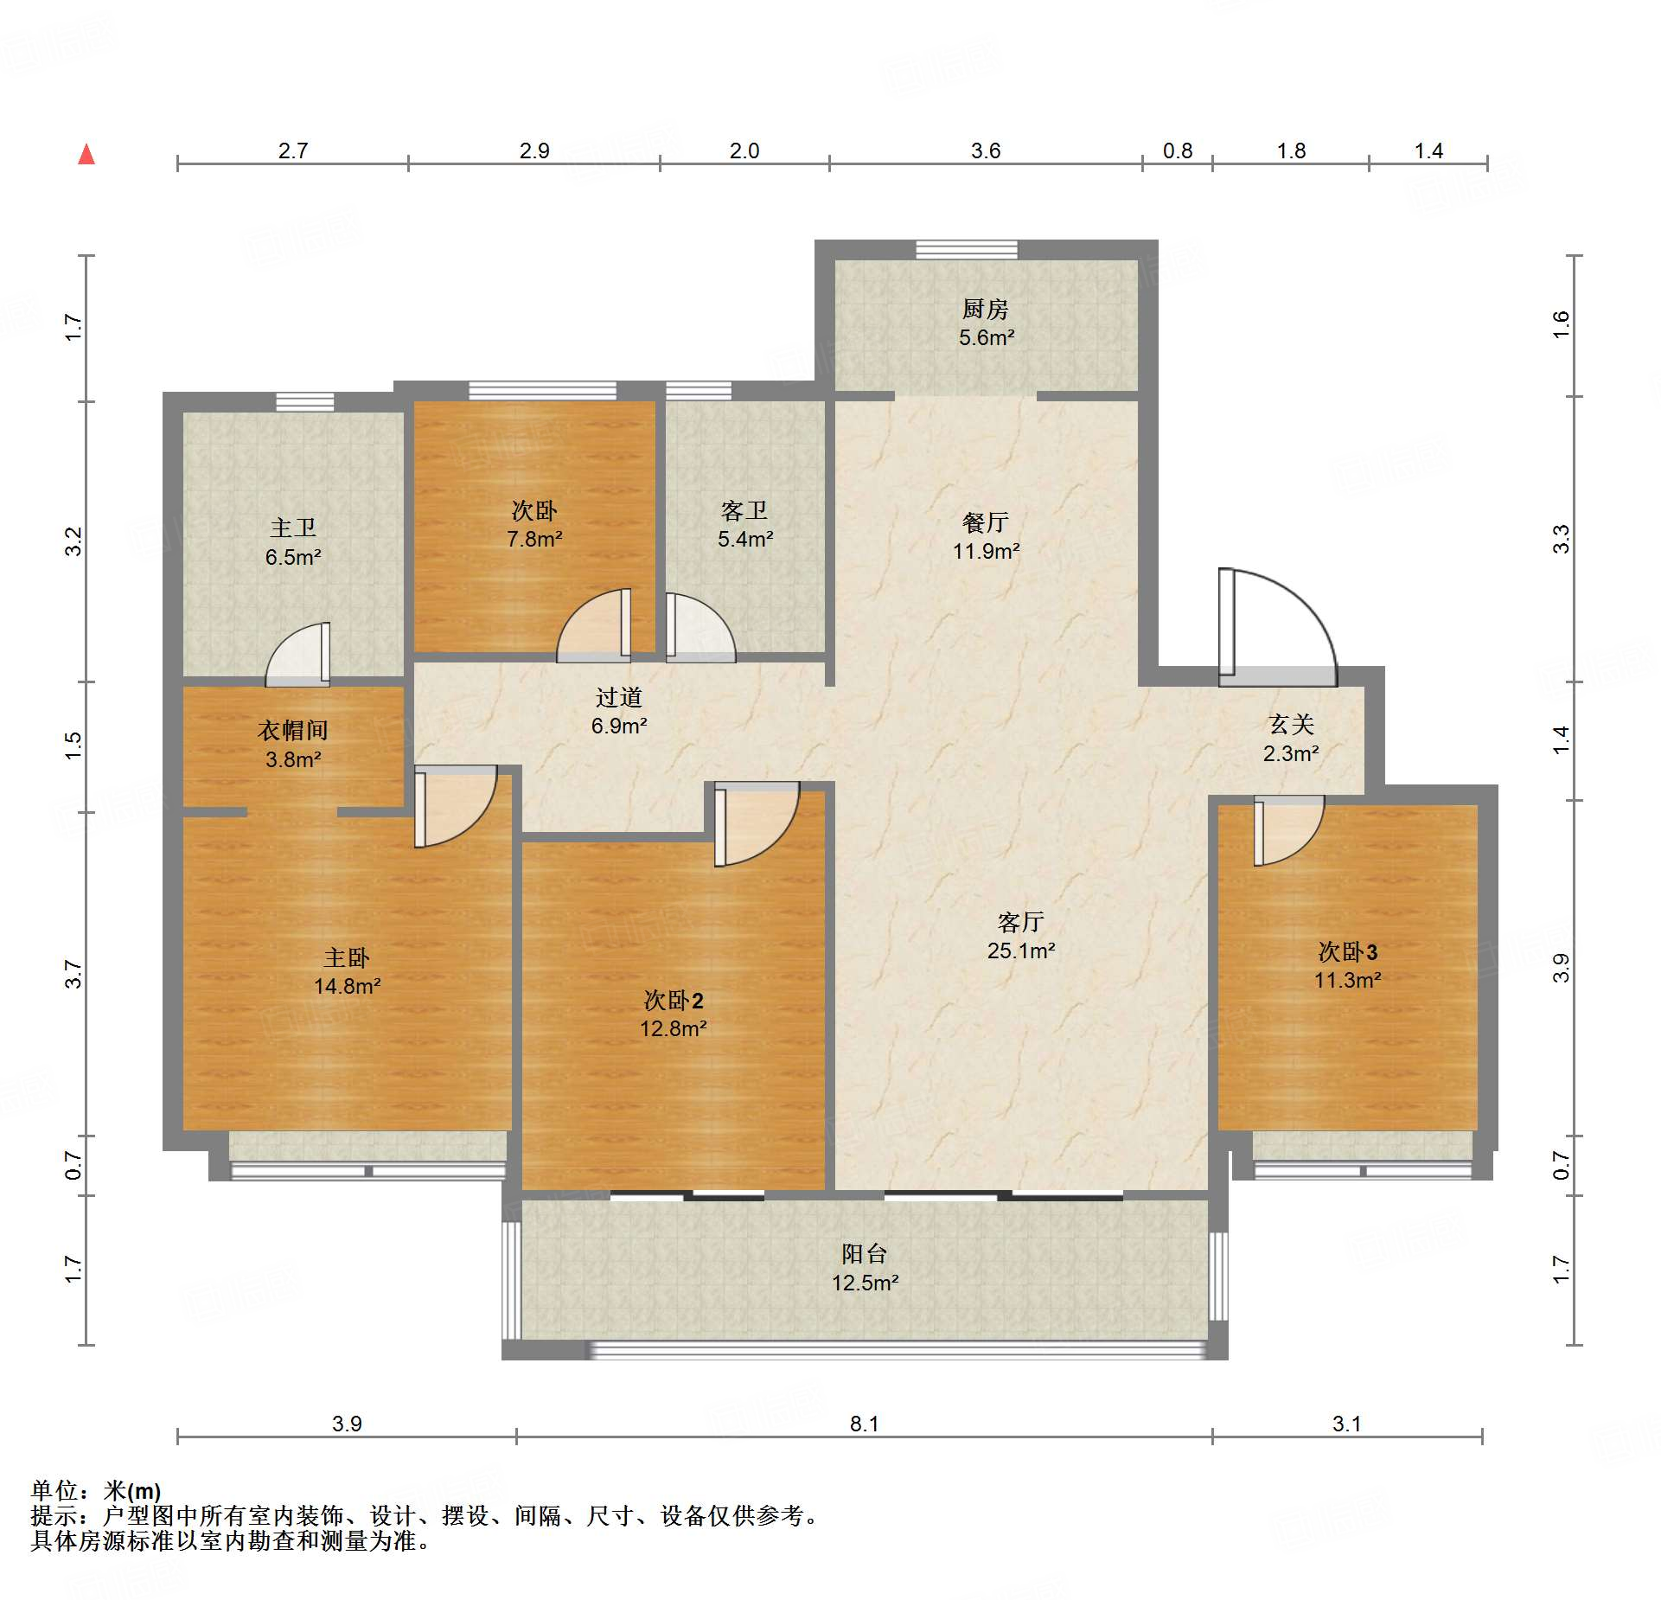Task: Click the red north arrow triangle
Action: pyautogui.click(x=86, y=155)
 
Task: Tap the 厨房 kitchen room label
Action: pyautogui.click(x=986, y=309)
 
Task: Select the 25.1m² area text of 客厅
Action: pyautogui.click(x=1021, y=950)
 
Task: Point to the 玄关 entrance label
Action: pyautogui.click(x=1291, y=725)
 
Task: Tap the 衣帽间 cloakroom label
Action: pyautogui.click(x=293, y=731)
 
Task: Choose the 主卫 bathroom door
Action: pyautogui.click(x=297, y=655)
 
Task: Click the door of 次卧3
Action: pyautogui.click(x=1288, y=830)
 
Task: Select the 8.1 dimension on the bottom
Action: pyautogui.click(x=864, y=1424)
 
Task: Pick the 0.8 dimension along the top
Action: pyautogui.click(x=1177, y=151)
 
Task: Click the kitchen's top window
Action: pyautogui.click(x=967, y=250)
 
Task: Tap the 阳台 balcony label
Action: pyautogui.click(x=865, y=1254)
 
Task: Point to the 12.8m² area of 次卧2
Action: pyautogui.click(x=674, y=1028)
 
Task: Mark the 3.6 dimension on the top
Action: pyautogui.click(x=986, y=151)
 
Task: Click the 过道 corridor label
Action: pyautogui.click(x=619, y=697)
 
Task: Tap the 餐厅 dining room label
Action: pyautogui.click(x=986, y=522)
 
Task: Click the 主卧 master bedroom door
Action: pyautogui.click(x=455, y=806)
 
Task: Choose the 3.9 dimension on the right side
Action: pyautogui.click(x=1561, y=968)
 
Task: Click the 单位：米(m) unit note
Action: pyautogui.click(x=96, y=1490)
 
